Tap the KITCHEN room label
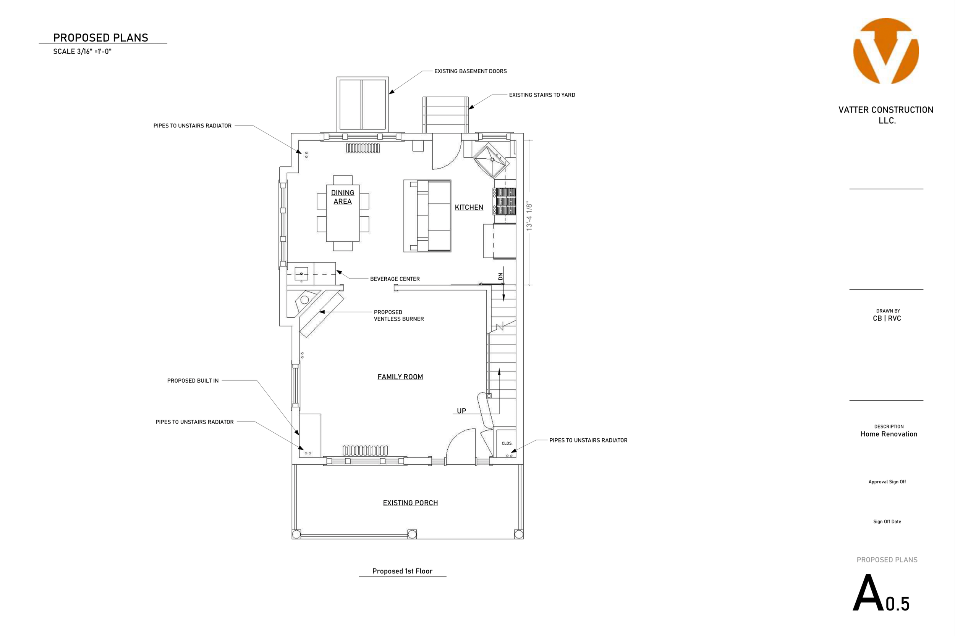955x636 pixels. point(469,207)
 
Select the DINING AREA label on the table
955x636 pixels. point(343,197)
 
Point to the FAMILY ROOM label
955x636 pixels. point(400,377)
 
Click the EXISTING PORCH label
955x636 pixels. point(411,503)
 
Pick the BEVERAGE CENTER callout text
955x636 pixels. point(395,279)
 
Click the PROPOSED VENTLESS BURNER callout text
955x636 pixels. point(399,316)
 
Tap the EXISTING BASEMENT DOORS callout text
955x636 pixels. point(471,71)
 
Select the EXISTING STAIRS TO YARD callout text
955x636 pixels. point(542,95)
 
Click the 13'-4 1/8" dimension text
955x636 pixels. point(529,217)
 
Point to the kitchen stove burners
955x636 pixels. point(505,201)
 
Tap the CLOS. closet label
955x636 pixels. point(507,443)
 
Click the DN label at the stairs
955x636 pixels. point(501,276)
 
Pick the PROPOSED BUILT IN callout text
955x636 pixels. point(193,381)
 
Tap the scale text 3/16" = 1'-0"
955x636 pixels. point(83,52)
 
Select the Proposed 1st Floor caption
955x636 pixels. point(402,571)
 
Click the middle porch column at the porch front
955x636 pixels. point(412,534)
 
